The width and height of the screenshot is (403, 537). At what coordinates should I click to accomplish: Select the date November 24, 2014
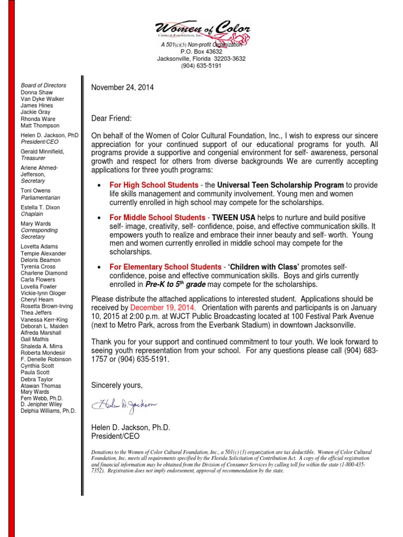(x=122, y=88)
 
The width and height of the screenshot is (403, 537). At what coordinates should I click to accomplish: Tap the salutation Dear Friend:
(x=112, y=119)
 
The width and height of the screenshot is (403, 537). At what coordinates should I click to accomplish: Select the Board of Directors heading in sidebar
(x=44, y=85)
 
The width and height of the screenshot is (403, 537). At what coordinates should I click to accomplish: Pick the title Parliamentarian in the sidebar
(x=40, y=198)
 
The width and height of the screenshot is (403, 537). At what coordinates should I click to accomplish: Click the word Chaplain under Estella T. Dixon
(x=33, y=214)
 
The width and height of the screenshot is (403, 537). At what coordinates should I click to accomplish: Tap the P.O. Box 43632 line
(x=201, y=52)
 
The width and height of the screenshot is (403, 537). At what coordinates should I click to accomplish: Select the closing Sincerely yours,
(x=117, y=385)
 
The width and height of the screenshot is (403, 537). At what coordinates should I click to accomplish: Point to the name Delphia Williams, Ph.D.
(x=48, y=411)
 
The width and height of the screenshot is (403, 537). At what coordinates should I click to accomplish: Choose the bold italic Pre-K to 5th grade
(x=175, y=284)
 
